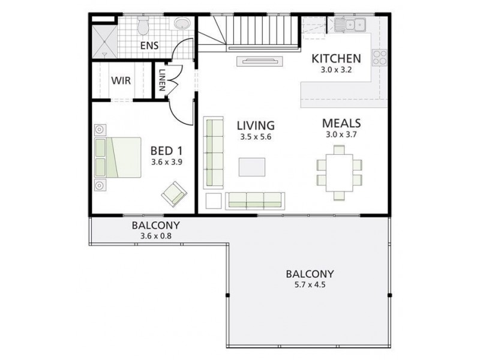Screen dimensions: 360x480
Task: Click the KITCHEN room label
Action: [x=336, y=59]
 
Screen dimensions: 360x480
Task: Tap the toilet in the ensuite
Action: [x=143, y=26]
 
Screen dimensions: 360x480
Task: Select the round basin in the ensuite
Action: [x=181, y=25]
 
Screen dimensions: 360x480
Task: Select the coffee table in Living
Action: [x=251, y=167]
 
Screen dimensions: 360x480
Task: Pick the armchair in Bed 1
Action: [x=173, y=194]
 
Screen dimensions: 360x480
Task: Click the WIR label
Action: [x=121, y=80]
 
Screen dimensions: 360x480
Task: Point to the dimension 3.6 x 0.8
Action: [x=155, y=236]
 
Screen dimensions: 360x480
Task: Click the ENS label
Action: [x=149, y=46]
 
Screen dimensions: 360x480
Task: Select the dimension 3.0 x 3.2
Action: [x=336, y=70]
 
